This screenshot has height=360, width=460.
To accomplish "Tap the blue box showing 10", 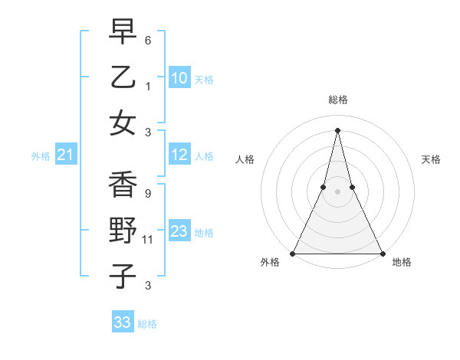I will point(179,77).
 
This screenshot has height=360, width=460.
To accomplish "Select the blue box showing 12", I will point(179,155).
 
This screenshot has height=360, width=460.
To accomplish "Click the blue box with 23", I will point(179,231).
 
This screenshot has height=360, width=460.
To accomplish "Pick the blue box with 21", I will point(66,155).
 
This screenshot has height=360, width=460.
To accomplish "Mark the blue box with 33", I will point(122,322).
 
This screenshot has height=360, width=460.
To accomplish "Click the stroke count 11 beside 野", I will point(148,240).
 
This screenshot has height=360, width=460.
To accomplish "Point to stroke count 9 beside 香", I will point(147,193).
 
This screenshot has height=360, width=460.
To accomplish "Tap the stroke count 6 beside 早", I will point(147,40).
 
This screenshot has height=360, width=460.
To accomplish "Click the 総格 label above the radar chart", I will point(337,100).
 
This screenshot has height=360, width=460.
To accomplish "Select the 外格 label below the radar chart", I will point(270,263).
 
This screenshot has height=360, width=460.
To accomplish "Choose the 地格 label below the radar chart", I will point(402,263).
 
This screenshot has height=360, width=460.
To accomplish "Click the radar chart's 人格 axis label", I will point(245,159).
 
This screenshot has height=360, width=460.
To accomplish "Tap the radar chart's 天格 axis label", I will point(431,159).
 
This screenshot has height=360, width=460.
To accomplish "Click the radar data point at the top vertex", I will point(337,129).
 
